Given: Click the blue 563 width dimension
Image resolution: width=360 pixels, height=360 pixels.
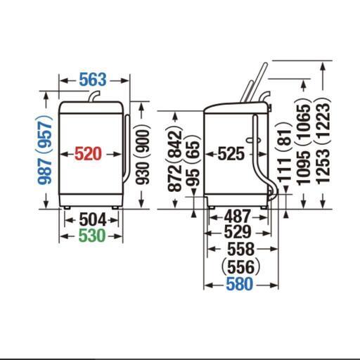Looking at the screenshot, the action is point(93,79).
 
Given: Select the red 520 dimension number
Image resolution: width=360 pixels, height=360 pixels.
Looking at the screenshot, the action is point(88,154).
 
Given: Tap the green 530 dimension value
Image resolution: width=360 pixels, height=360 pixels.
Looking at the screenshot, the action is point(92,236).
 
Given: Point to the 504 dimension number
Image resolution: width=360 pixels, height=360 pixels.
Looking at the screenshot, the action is point(93,219).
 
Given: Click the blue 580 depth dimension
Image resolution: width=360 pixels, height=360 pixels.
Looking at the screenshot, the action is point(240,284).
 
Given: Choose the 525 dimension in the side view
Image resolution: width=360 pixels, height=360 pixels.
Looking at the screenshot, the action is point(231,154).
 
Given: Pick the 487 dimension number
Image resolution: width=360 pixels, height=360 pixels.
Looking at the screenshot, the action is point(238,216).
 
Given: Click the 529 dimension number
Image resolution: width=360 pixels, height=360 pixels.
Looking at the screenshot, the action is point(238,231).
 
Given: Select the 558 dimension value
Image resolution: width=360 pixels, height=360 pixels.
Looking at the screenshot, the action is point(241,249).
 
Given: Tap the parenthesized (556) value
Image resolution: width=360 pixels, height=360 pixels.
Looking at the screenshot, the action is point(240,266).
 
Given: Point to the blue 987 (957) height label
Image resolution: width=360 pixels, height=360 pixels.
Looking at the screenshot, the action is point(44,150).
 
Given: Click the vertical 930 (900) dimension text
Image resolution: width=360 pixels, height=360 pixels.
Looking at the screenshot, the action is point(143,154).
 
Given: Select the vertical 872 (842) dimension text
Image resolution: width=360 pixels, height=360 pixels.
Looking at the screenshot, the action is point(174,160).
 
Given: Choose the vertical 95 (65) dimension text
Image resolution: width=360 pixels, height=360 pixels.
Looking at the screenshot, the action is point(193,160).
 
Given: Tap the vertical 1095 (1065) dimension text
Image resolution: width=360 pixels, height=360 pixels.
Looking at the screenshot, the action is point(304,142).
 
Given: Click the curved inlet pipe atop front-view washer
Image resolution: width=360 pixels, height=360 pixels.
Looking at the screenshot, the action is point(94,96).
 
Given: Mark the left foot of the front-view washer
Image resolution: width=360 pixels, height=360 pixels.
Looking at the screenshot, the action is point(67,207).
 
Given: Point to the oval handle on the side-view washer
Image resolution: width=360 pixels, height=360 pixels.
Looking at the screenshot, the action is point(253,140).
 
